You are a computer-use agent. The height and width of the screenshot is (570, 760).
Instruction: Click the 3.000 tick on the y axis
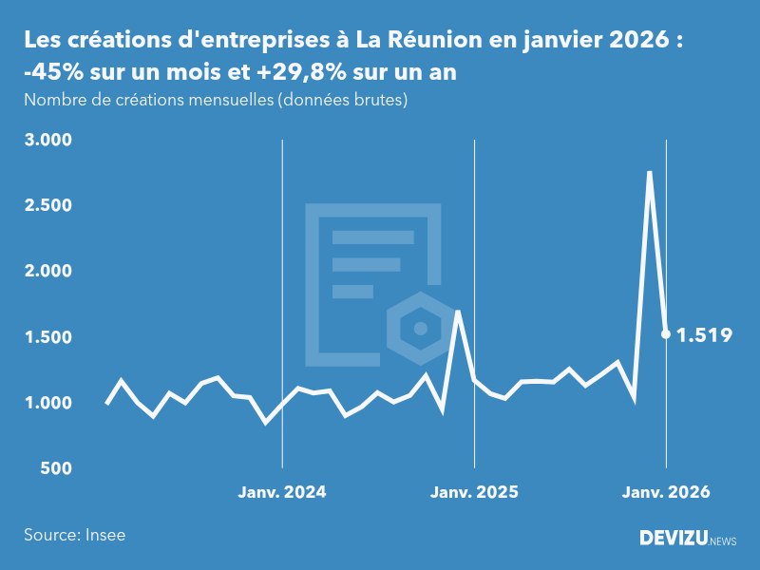coord(48,140)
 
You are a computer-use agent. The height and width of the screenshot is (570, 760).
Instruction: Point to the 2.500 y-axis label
coord(48,205)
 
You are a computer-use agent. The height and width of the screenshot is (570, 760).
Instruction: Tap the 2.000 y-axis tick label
coord(48,271)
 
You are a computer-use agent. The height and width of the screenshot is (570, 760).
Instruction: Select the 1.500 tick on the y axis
coord(48,337)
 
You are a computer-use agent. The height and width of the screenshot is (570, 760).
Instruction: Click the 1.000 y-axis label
coord(48,403)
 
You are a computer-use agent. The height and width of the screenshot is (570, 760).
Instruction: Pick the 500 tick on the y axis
coord(57,468)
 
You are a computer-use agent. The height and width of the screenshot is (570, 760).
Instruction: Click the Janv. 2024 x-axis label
coord(282,492)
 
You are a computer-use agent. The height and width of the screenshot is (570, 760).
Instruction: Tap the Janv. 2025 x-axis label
coord(474,492)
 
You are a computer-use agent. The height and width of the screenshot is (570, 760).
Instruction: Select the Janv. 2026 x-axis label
coord(666,492)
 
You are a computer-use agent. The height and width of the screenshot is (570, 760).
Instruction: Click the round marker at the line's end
coord(666,333)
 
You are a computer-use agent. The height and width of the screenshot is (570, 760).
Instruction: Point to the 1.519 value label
coord(704,334)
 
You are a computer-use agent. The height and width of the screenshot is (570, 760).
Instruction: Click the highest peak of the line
coord(650,173)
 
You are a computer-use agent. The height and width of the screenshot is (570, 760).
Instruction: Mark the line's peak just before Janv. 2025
coord(458,312)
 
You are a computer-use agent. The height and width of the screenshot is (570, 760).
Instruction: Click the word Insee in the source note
coord(105,535)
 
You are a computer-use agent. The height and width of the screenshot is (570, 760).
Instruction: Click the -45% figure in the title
coord(48,73)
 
